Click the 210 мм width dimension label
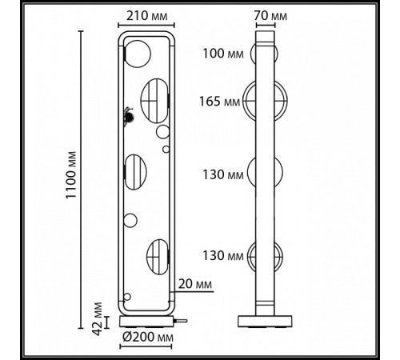pos(147,16)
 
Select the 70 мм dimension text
pos(270,16)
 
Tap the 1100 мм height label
pos(71,175)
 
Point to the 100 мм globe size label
pos(223,54)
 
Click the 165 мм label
pos(220,102)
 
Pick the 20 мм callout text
pos(195,284)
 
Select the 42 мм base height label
pos(98,318)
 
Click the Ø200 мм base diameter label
pos(148,338)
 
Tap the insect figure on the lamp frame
pos(129,117)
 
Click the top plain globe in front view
pos(138,54)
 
